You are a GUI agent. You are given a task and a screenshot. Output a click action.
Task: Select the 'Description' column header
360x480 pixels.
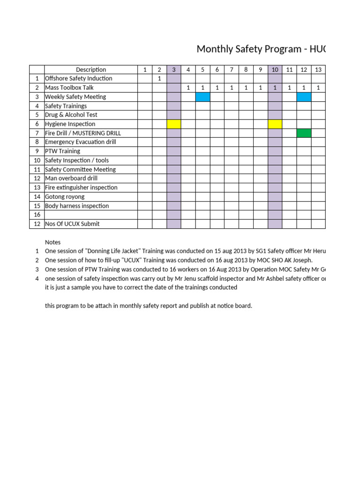91,69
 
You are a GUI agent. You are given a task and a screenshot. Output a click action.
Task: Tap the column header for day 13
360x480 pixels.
318,69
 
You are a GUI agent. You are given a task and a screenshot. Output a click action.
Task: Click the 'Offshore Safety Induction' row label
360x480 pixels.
78,78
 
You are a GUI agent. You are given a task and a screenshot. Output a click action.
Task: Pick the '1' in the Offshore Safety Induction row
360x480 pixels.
159,78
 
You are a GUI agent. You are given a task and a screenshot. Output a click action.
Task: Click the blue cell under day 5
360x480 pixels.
202,97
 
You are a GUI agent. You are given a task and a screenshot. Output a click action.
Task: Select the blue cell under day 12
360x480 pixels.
304,97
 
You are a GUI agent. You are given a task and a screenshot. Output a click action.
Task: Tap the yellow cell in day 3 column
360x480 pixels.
174,124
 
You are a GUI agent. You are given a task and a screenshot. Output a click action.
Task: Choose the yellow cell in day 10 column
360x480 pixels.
275,124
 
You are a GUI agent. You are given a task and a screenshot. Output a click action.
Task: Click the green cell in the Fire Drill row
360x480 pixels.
304,133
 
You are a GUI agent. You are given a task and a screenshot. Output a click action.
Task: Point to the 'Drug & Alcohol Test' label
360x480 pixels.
71,115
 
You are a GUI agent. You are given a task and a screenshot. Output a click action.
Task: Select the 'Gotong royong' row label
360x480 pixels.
65,196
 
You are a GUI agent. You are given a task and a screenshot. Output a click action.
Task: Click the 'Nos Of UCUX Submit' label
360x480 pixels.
72,224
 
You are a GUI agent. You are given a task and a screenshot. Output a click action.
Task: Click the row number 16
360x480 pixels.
37,215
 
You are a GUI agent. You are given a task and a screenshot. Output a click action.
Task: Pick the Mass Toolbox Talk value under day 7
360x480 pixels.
232,88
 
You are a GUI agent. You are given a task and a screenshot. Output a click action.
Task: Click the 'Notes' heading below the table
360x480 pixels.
52,242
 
